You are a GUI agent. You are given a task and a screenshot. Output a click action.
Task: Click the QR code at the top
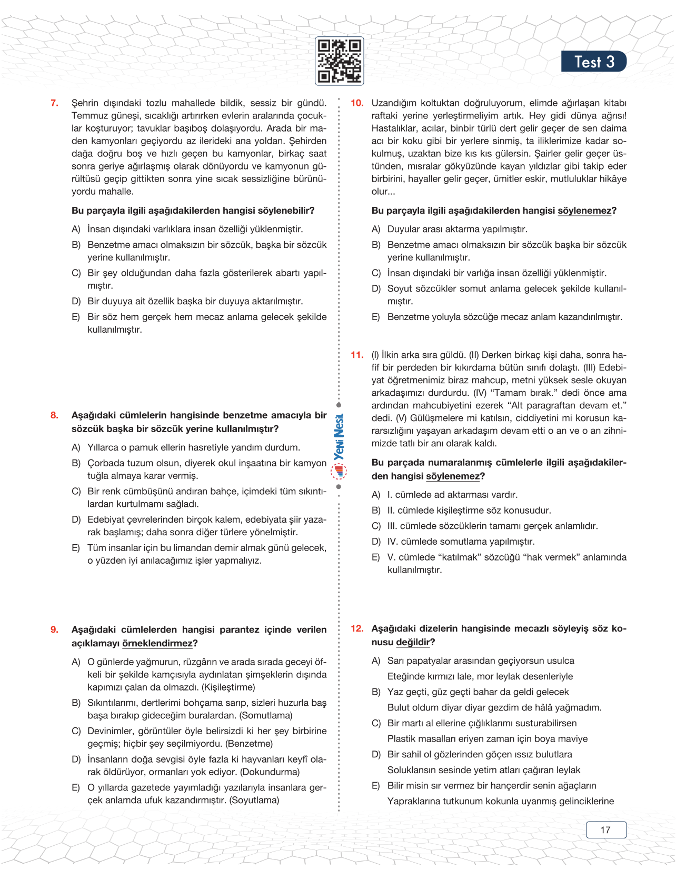pos(339,61)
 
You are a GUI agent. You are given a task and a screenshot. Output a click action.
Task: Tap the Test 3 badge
pos(593,62)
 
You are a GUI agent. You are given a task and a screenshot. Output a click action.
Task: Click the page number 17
pos(605,830)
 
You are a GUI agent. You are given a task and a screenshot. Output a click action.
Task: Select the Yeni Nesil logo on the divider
pos(339,445)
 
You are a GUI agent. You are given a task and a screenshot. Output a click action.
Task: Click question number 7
pos(54,103)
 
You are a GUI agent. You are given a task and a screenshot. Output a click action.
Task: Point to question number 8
pos(54,415)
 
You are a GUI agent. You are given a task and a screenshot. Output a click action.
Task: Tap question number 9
pos(54,629)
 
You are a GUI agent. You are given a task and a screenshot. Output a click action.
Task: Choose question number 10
pos(357,103)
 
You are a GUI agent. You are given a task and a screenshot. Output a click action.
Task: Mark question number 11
pos(357,355)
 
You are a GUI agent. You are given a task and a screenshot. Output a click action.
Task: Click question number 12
pos(357,628)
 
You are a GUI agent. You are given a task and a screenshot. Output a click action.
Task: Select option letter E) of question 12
pos(376,786)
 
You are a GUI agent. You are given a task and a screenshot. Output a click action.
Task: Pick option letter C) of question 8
pos(76,492)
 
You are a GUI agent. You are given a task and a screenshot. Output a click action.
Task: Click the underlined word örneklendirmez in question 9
pos(157,643)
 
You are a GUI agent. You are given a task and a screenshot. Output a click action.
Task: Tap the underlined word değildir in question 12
pos(413,642)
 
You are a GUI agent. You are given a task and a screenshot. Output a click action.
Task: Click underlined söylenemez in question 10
pos(584,211)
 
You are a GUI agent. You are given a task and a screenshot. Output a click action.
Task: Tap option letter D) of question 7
pos(76,302)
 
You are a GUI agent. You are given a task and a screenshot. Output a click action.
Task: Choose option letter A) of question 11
pos(376,495)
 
